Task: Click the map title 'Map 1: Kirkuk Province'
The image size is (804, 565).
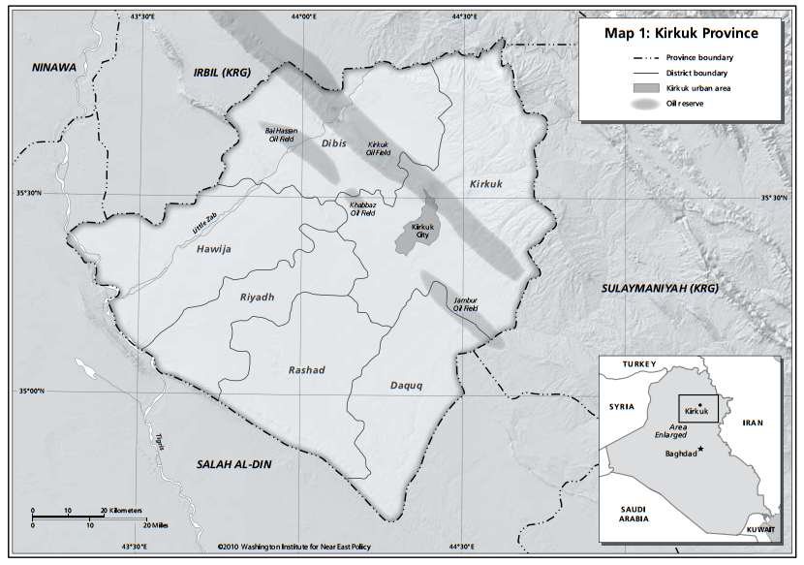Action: coord(681,32)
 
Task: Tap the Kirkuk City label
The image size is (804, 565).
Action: coord(419,232)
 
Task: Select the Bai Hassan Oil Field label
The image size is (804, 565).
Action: coord(283,134)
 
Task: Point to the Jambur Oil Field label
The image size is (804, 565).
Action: coord(466,303)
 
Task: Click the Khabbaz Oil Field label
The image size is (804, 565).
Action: coord(361,208)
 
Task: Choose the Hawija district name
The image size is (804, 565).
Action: coord(214,249)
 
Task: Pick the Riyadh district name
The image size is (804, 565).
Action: coord(258,297)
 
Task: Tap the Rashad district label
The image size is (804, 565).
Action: coord(307,369)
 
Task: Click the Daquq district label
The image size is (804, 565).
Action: coord(407,385)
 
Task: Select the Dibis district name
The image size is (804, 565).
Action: coord(333,143)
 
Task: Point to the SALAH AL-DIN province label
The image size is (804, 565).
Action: coord(232,464)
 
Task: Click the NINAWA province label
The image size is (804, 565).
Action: coord(52,67)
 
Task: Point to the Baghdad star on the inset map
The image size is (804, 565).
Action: coord(700,448)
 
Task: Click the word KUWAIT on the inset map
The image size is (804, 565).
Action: coord(760,529)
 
